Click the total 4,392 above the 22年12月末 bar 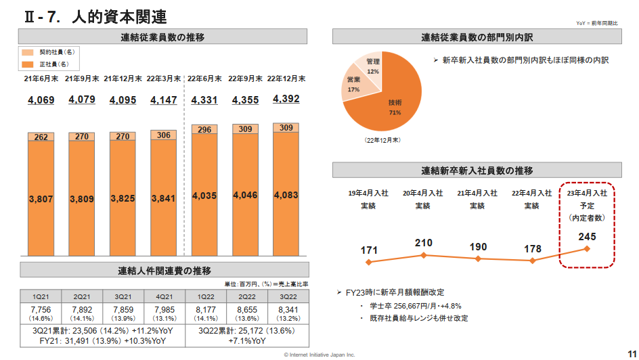286,99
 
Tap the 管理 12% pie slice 372,65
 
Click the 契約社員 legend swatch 28,52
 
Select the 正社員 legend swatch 28,64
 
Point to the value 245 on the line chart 588,237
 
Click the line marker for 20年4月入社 424,255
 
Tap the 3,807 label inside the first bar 41,198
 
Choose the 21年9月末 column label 82,78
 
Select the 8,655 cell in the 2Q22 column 246,309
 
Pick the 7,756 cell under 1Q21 41,309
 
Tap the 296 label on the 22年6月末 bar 205,130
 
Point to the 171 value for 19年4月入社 369,250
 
